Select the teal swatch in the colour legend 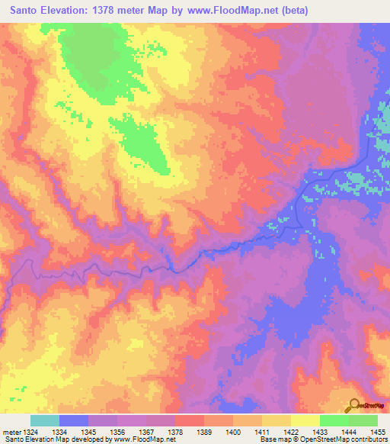(45, 420)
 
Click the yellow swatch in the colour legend (305, 420)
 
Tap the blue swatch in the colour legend (74, 420)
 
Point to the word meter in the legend (10, 432)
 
